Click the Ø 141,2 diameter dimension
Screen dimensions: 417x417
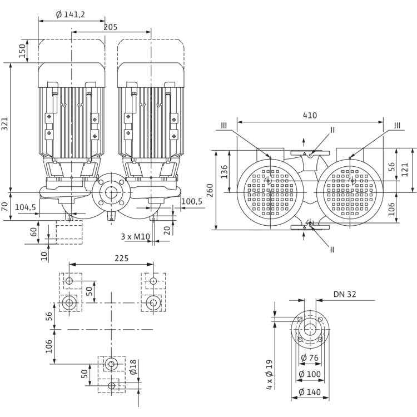click(x=71, y=14)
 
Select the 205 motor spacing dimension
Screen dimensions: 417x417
click(x=111, y=27)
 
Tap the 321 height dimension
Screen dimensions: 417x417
click(x=5, y=124)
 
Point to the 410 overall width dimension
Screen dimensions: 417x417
click(x=310, y=115)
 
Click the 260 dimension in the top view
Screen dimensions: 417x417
click(x=210, y=190)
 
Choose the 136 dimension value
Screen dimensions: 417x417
click(x=225, y=172)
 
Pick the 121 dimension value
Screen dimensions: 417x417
click(x=404, y=170)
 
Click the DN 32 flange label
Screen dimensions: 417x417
click(x=345, y=294)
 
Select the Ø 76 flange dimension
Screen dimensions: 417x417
click(x=310, y=358)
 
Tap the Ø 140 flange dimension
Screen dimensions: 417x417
click(x=310, y=392)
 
